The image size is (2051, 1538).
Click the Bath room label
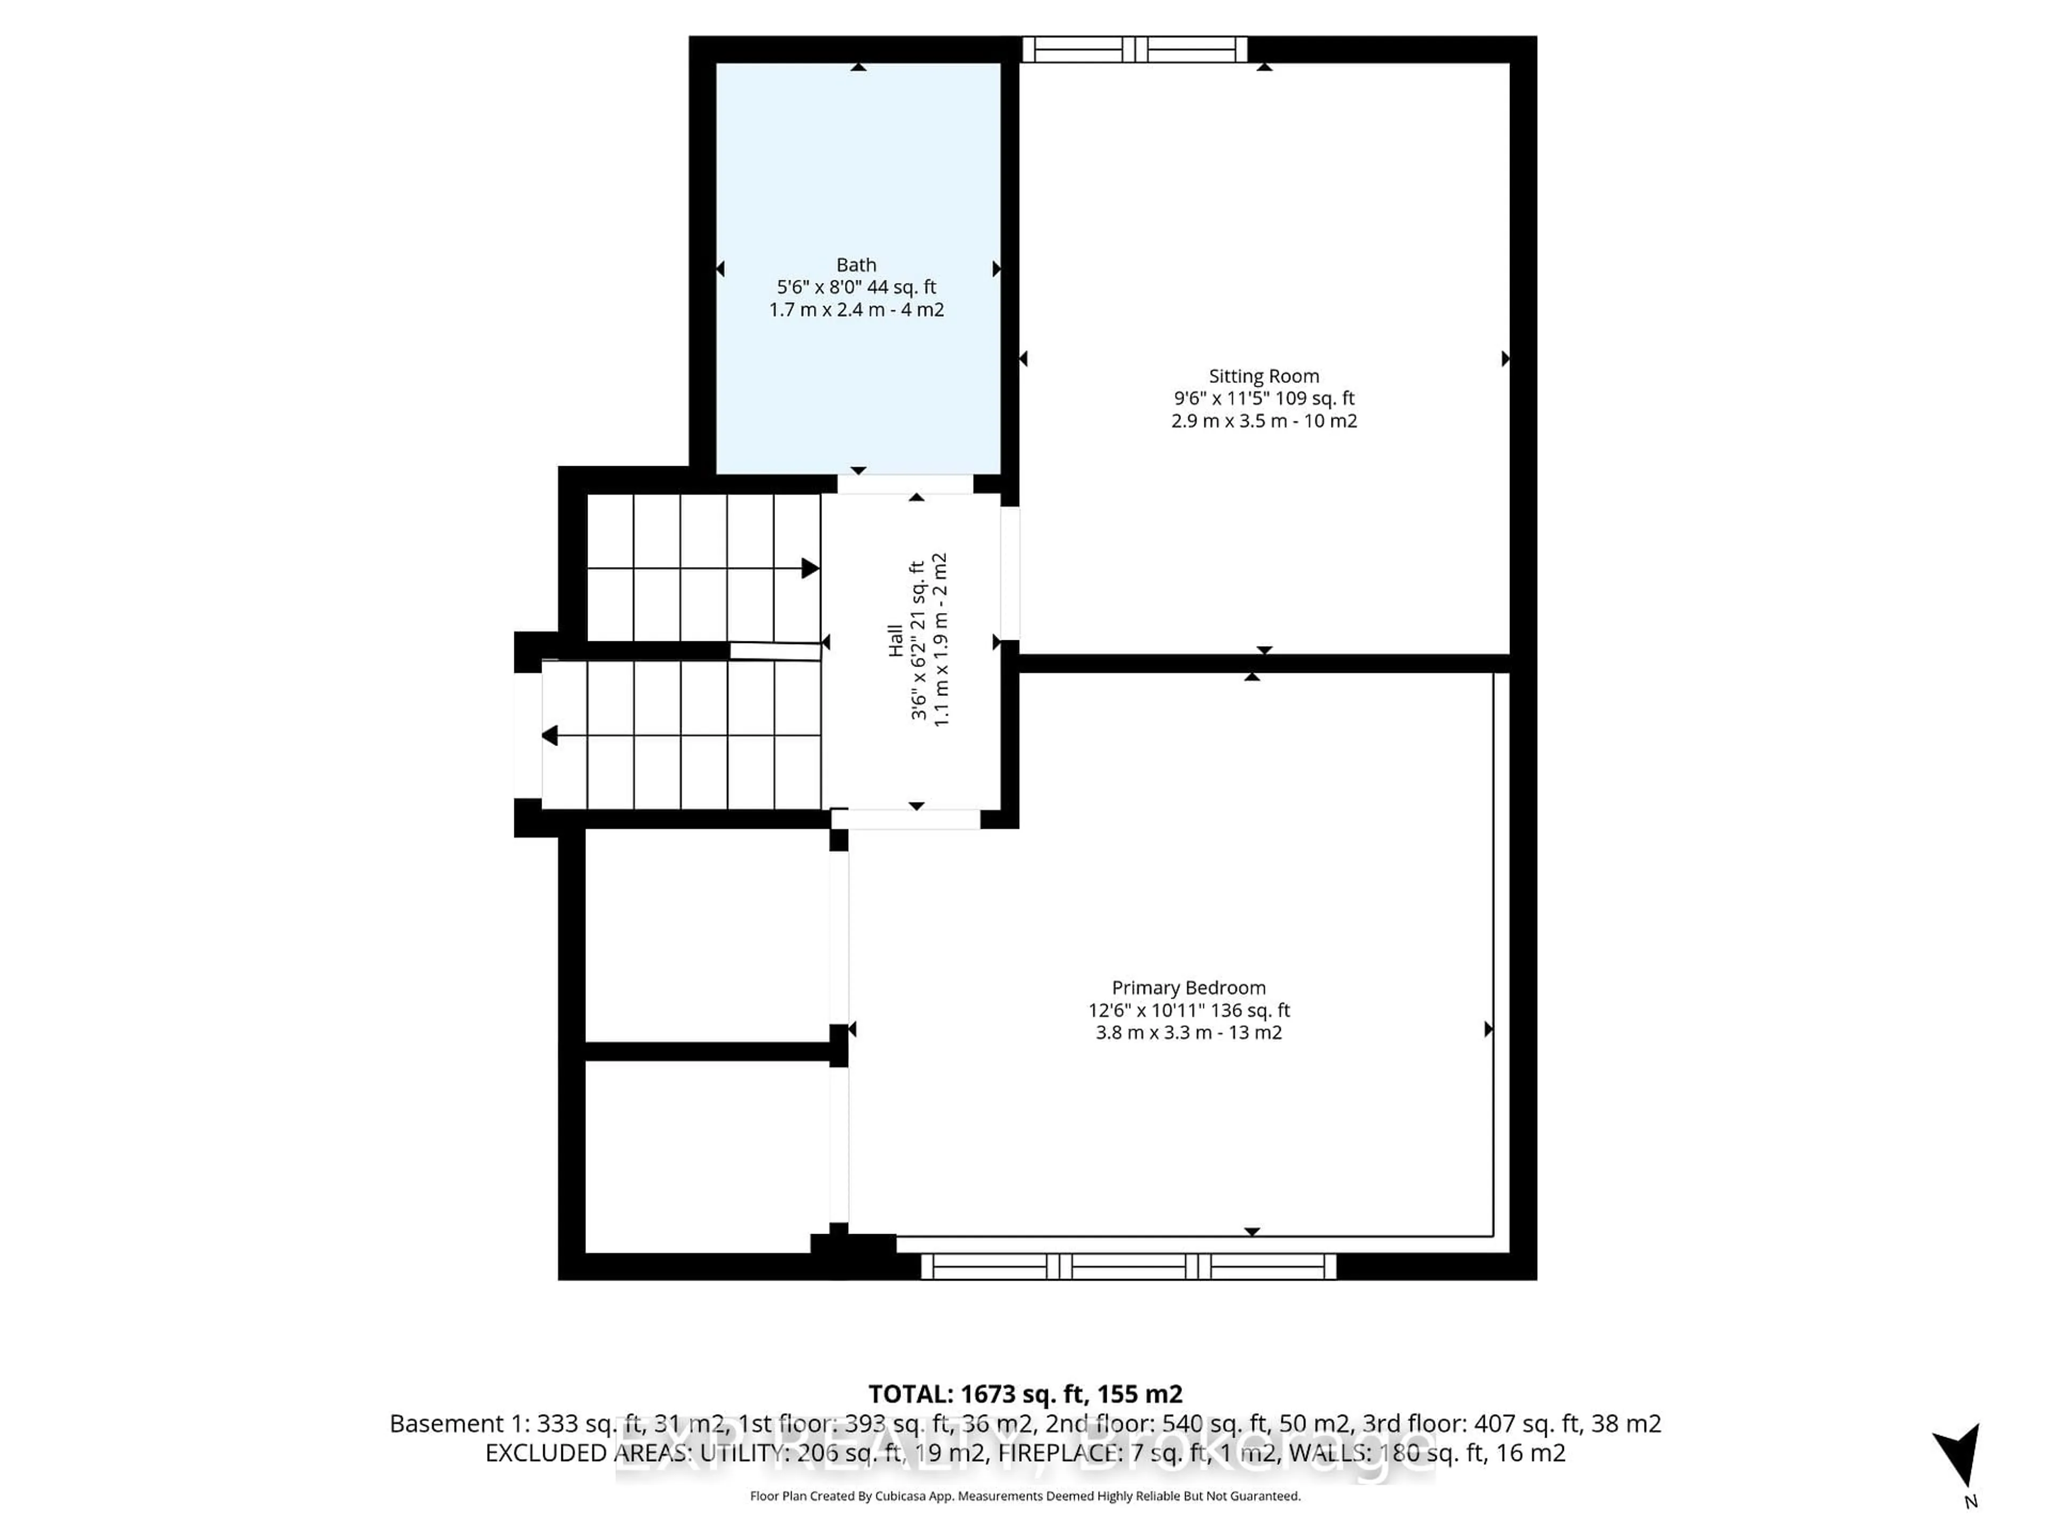pyautogui.click(x=856, y=265)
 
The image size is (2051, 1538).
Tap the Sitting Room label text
pyautogui.click(x=1263, y=376)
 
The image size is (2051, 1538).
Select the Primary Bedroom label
pyautogui.click(x=1188, y=988)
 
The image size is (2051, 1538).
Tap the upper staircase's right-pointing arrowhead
pyautogui.click(x=810, y=568)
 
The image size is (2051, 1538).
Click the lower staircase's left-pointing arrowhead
pyautogui.click(x=550, y=736)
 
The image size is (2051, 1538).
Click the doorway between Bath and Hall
pyautogui.click(x=905, y=484)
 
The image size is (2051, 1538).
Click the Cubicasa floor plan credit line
pyautogui.click(x=1024, y=1496)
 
